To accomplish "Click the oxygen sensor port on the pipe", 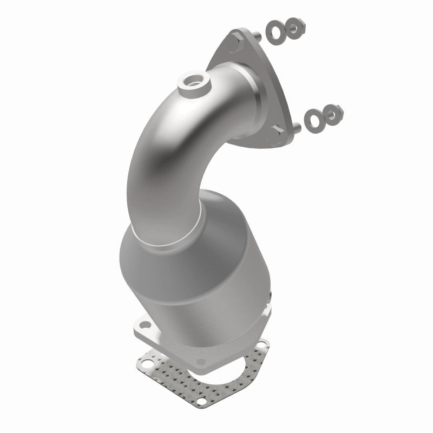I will (190, 82).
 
